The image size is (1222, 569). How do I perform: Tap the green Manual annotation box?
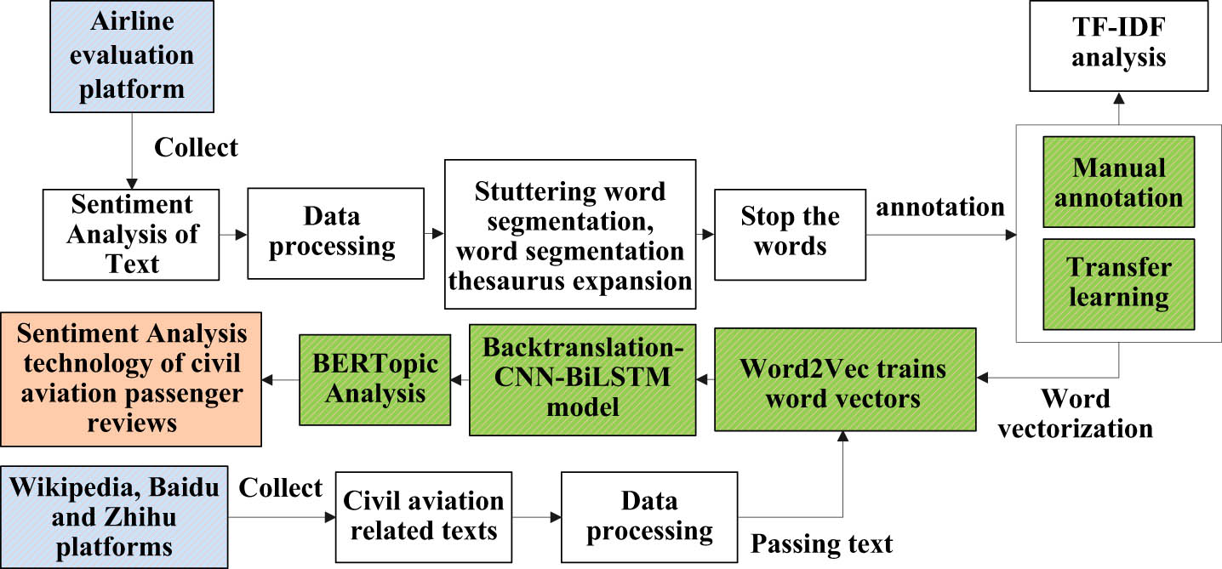[1118, 183]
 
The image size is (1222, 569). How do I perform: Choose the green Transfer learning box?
[1118, 282]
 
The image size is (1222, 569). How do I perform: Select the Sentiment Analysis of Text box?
[132, 233]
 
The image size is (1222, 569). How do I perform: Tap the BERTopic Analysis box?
[374, 379]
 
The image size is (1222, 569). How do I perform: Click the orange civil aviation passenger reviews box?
[131, 379]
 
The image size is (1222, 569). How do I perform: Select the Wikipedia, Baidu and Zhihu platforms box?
[114, 516]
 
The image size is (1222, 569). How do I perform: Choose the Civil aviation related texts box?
[423, 516]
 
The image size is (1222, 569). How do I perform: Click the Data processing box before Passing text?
[649, 516]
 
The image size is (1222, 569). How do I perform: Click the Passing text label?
[821, 543]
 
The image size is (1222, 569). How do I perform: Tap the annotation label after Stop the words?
[941, 206]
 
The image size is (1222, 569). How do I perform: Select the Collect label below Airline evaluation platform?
[196, 147]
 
